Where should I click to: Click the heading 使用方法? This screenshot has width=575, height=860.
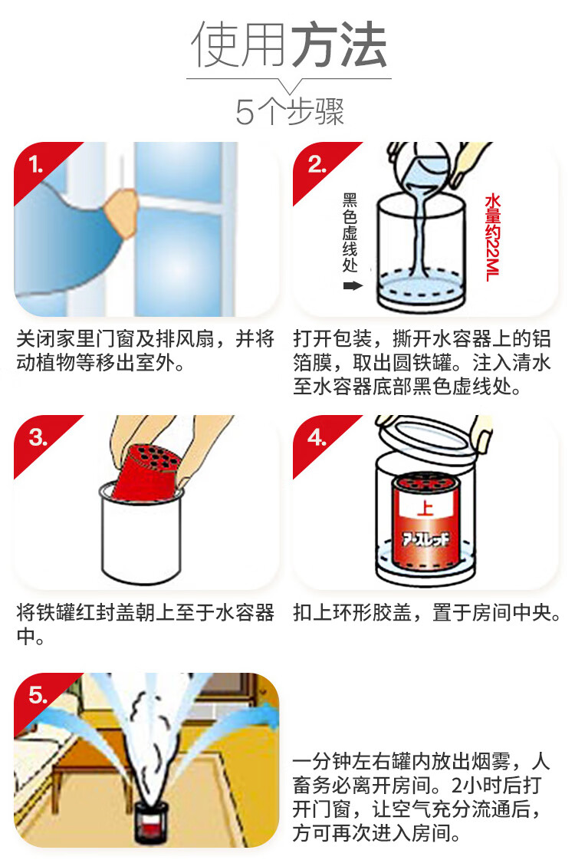[x=288, y=45]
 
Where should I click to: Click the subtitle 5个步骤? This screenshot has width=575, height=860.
[x=290, y=111]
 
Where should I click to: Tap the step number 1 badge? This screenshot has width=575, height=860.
[x=36, y=164]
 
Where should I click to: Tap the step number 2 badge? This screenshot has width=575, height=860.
[x=317, y=164]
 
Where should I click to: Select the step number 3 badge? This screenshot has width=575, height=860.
[x=38, y=437]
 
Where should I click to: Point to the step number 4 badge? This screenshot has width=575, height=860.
[x=317, y=437]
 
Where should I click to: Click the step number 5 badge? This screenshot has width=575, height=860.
[x=38, y=695]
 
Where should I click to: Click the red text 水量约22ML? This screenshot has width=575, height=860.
[x=492, y=237]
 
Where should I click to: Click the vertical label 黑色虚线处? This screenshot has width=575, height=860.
[x=350, y=232]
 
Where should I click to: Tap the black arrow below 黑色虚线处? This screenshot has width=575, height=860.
[x=353, y=285]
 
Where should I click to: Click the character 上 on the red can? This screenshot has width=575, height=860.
[x=424, y=506]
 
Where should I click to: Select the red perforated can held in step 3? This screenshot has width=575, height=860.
[x=146, y=471]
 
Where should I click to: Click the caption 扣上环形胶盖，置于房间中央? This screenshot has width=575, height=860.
[x=427, y=613]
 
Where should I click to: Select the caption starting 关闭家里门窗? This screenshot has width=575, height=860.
[x=145, y=351]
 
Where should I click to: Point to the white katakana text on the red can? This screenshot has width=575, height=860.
[x=426, y=539]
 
